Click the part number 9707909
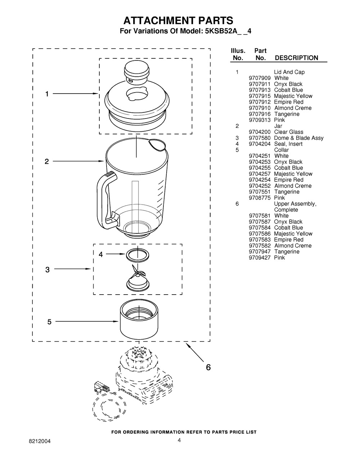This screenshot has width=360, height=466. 260,78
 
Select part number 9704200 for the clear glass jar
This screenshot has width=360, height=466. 260,132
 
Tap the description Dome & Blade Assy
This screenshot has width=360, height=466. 298,138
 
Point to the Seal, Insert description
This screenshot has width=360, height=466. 288,144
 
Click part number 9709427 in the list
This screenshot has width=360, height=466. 260,257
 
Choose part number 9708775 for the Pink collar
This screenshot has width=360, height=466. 260,198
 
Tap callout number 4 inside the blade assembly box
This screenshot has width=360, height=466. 101,254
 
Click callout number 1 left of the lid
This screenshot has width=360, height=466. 47,94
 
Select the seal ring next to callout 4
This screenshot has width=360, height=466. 138,255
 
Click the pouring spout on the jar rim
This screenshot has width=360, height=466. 157,145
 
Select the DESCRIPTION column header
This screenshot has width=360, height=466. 296,58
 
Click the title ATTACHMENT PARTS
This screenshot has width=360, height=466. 178,21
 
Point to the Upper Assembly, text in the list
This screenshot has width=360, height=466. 295,204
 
